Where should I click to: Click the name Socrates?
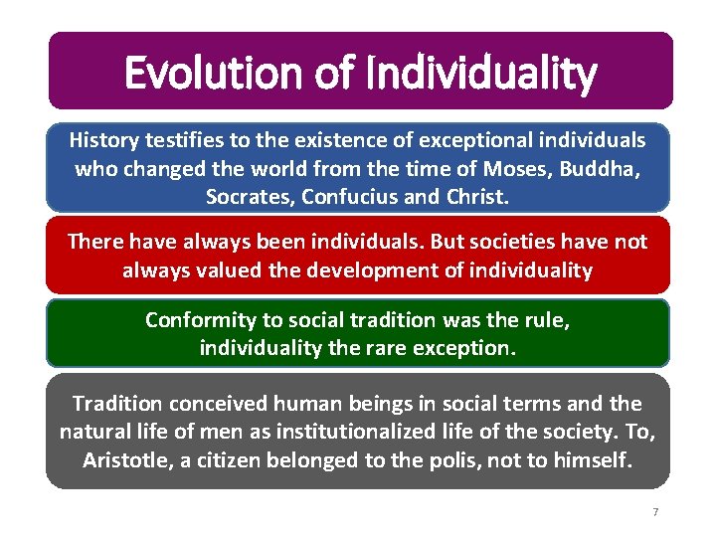pos(246,197)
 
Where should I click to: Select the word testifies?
pos(188,140)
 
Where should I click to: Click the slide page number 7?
pos(655,512)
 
